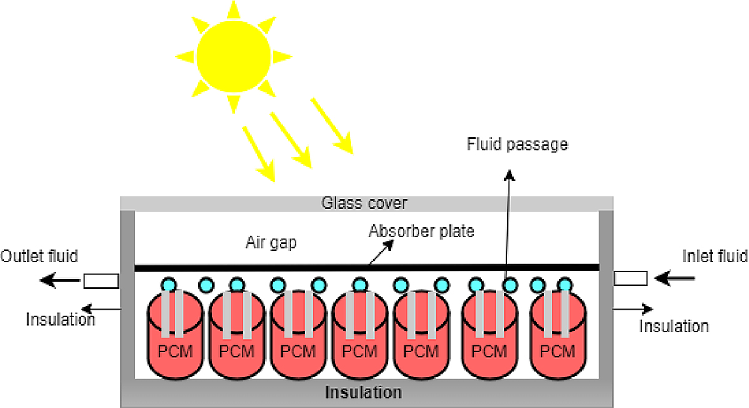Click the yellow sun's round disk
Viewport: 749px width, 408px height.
[x=233, y=55]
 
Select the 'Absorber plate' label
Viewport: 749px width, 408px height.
[x=421, y=231]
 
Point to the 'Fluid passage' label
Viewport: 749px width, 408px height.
[x=517, y=144]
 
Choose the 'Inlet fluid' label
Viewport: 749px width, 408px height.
[x=715, y=256]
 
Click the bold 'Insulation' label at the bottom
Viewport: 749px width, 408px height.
[x=364, y=392]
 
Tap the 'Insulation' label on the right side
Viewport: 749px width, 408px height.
[x=673, y=326]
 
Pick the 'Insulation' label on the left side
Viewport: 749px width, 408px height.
[x=61, y=319]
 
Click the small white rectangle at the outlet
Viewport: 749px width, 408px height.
[x=101, y=281]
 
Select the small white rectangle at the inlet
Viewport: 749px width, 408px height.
[x=630, y=278]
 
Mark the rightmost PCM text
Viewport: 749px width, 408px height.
[x=557, y=351]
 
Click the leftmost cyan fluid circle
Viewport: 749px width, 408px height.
[x=167, y=284]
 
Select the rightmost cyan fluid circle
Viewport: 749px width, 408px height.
[x=565, y=284]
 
